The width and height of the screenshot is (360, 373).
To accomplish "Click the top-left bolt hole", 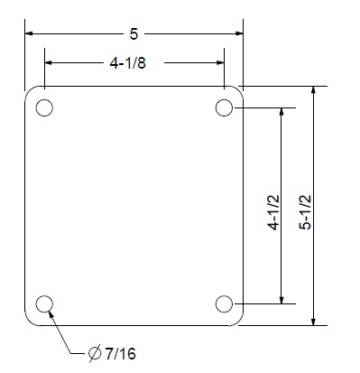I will tap(43, 108).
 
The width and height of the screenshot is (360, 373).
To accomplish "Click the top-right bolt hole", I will tap(225, 108).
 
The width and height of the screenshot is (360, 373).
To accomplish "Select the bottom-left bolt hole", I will tap(43, 303).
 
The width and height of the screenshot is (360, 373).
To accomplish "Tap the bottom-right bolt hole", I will tap(225, 303).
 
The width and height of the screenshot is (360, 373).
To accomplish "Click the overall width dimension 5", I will tap(134, 34).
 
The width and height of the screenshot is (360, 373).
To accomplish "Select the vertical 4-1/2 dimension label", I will tap(282, 206).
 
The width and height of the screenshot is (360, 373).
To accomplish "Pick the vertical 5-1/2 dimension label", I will tap(312, 206).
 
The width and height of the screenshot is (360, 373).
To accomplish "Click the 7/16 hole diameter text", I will tap(120, 352).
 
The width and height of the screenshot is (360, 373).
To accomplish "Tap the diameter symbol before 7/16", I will tap(94, 352).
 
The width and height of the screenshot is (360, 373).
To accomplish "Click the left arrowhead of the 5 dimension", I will tap(31, 34).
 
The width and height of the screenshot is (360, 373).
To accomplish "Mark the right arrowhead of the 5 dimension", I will tap(237, 34).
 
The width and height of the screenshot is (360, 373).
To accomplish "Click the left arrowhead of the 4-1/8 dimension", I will tap(51, 63).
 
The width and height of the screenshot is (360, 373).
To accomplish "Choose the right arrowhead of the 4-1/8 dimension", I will tap(218, 63).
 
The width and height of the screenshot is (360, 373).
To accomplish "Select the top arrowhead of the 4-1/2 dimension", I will tap(282, 114).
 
